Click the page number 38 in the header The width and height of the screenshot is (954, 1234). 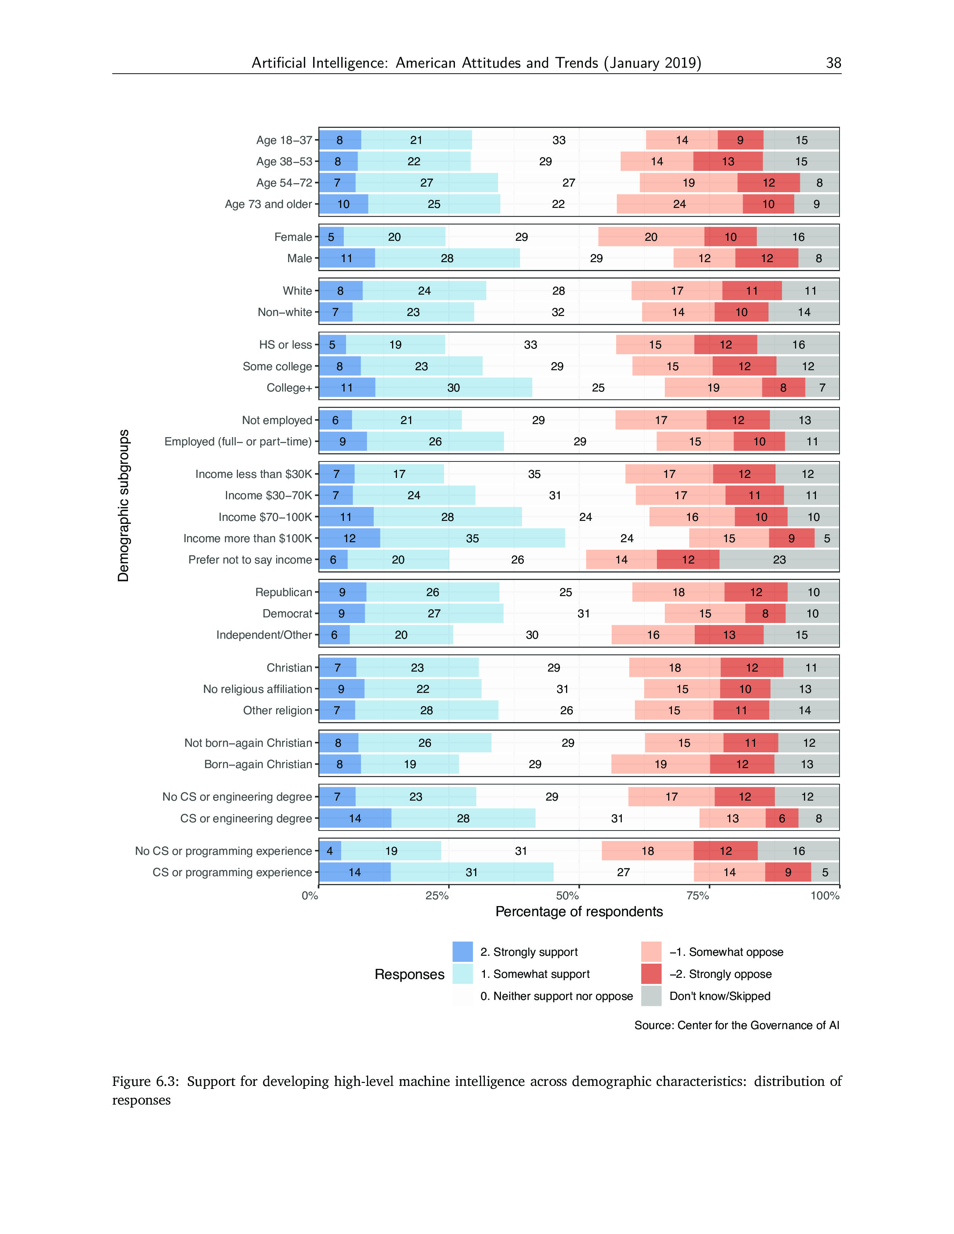coord(833,63)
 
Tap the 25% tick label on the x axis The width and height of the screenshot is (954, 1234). coord(437,896)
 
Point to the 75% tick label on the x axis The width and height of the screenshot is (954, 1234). coord(697,896)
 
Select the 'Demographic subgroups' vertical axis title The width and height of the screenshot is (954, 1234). coord(123,506)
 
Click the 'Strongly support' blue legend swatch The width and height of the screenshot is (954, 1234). coord(462,952)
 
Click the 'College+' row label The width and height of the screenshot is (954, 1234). coord(289,388)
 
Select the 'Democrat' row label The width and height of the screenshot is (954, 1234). coord(287,614)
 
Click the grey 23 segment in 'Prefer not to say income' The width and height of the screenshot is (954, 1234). coord(779,560)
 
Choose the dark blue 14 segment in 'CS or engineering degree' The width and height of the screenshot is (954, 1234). coord(355,818)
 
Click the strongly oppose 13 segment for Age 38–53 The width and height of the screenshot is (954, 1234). coord(728,162)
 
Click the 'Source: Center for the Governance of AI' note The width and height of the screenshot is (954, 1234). coord(736,1025)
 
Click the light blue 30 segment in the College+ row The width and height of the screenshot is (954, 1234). coord(453,388)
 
